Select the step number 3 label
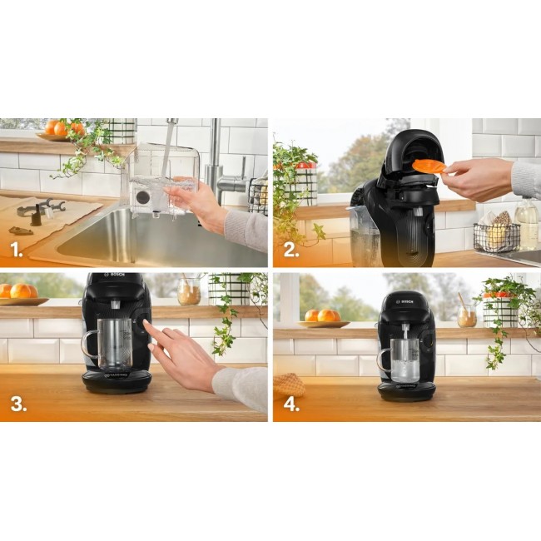coord(17,405)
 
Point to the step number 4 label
coord(290,405)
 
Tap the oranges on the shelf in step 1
coord(62,128)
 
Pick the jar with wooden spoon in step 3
coord(189,291)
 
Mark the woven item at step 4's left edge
coord(288,385)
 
